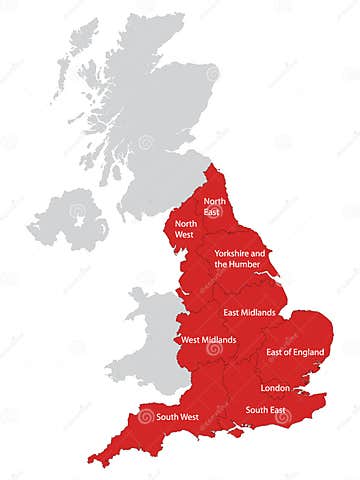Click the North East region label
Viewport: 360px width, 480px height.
(x=215, y=206)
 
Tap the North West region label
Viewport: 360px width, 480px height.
(x=184, y=228)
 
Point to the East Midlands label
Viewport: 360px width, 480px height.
(x=250, y=313)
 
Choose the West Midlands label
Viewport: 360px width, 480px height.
(x=208, y=340)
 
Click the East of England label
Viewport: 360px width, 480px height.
(x=295, y=352)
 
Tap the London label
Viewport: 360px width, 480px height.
(x=275, y=387)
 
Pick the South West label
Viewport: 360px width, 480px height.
(x=177, y=417)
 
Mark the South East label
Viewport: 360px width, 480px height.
(x=266, y=410)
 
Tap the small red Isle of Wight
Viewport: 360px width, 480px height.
(x=237, y=434)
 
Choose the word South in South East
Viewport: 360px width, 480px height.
(x=256, y=410)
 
